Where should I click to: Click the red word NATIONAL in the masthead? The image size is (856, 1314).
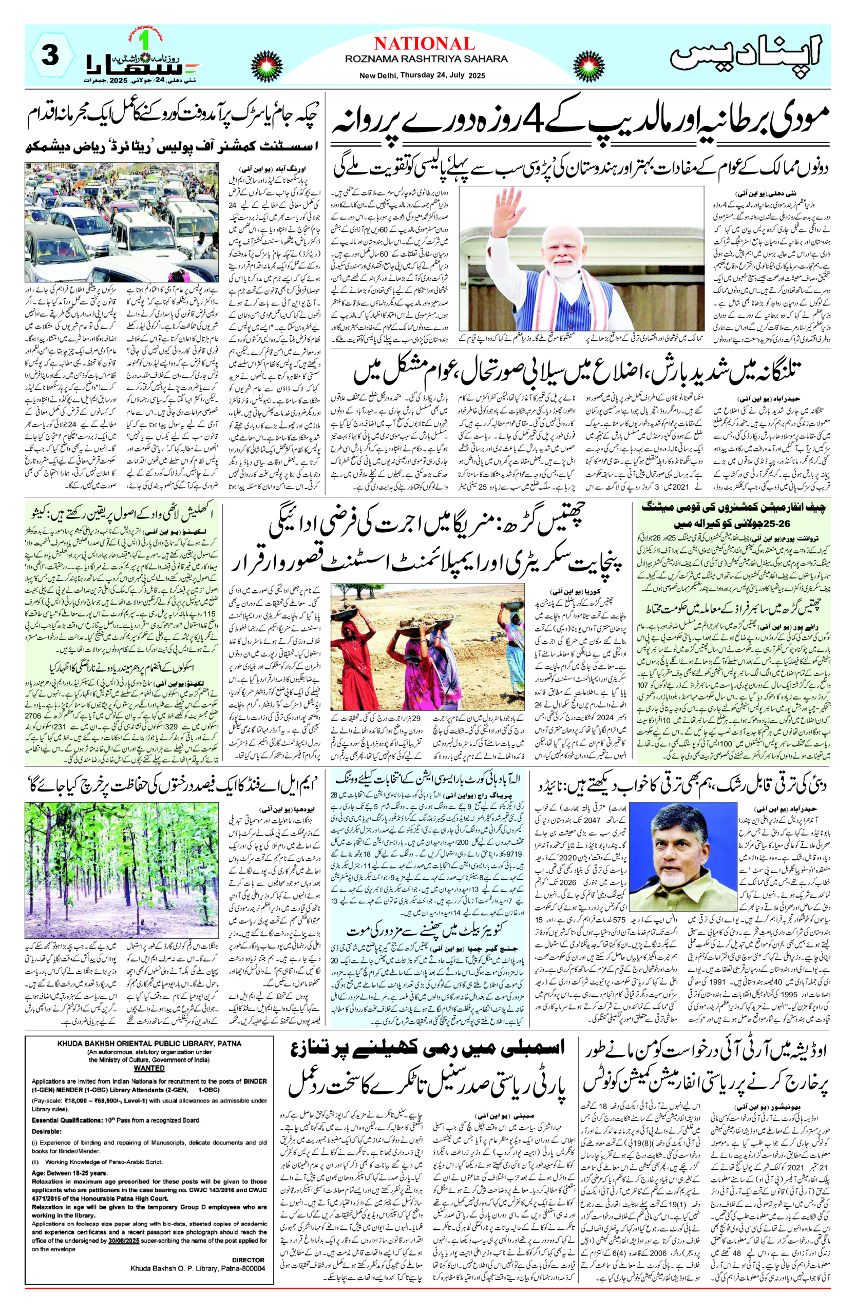point(424,44)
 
